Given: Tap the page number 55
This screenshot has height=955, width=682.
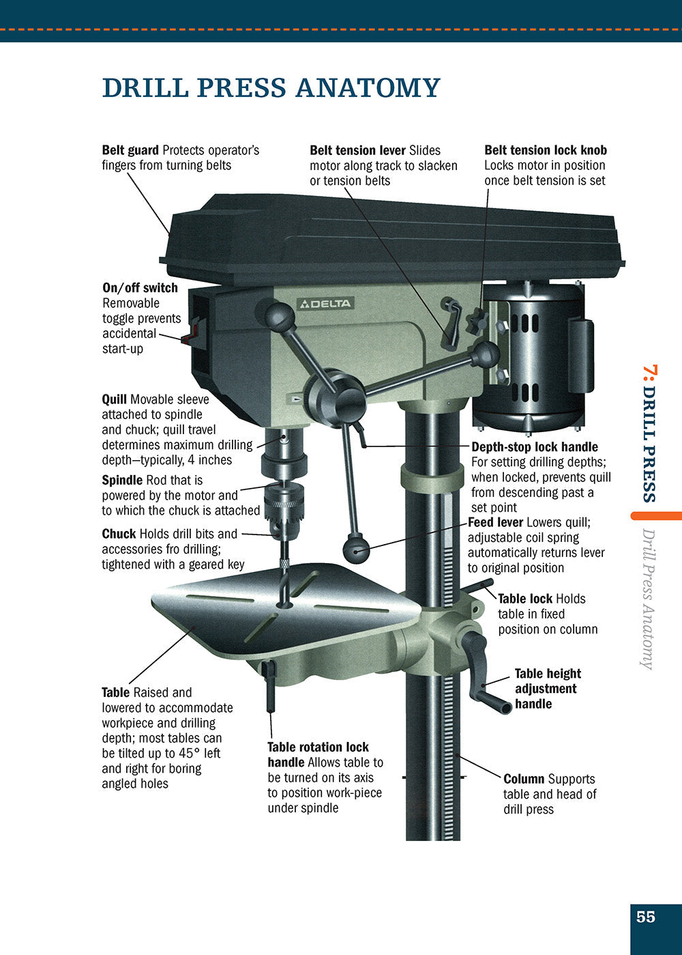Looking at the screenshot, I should pos(645,917).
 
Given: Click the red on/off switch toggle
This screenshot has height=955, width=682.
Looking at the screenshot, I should pos(190,334).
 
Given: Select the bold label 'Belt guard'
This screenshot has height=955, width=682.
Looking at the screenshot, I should pos(130,150).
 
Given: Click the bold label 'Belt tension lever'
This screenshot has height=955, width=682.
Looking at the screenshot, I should pos(357,150).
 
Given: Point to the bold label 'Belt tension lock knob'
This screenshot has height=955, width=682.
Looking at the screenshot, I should pos(545,150).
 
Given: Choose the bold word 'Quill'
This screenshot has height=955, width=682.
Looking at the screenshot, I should pos(114,399).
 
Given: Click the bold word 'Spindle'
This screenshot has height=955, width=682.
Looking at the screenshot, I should pos(122,481).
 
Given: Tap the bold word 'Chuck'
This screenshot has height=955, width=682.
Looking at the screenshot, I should pos(119,534).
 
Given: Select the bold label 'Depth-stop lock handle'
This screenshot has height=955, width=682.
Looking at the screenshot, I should pos(535,447).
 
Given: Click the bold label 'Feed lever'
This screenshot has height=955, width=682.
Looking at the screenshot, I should pos(495,522).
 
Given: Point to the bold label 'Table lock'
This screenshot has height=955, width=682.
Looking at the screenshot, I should pos(524,599).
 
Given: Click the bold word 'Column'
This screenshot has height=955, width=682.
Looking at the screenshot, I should pos(523,779).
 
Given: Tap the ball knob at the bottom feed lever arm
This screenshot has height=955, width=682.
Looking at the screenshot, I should pos(356,548).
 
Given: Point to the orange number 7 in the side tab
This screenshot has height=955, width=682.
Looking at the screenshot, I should pos(650,373).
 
